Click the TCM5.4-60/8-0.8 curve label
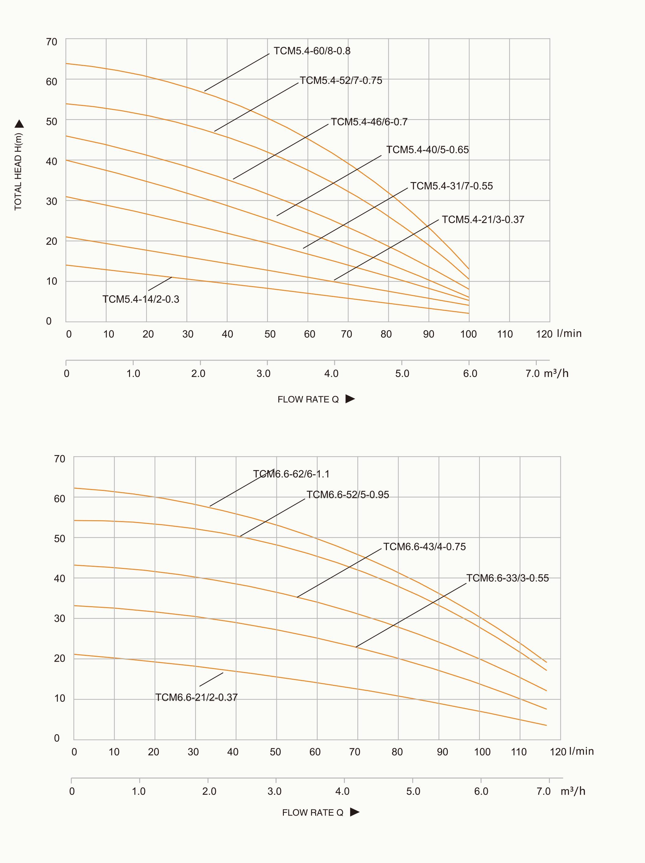click(312, 51)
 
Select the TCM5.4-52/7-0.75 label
click(341, 80)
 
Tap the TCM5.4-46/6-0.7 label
click(369, 122)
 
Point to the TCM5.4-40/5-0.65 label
click(427, 150)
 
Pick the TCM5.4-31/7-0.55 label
click(451, 186)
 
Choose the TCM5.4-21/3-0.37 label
click(483, 220)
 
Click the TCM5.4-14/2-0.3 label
click(141, 299)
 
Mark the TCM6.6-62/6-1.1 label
click(291, 474)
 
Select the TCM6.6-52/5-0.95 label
click(347, 495)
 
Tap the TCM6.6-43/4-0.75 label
click(424, 547)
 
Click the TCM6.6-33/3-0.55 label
click(507, 578)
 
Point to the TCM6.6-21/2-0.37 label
click(197, 697)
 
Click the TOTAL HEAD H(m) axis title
click(18, 172)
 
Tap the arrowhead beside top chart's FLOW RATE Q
click(350, 399)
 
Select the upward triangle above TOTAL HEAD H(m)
click(19, 124)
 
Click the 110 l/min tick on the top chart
click(505, 334)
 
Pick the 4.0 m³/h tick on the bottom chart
click(343, 791)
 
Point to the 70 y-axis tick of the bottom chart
click(60, 459)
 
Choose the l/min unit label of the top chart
click(569, 334)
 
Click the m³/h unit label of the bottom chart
click(573, 791)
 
